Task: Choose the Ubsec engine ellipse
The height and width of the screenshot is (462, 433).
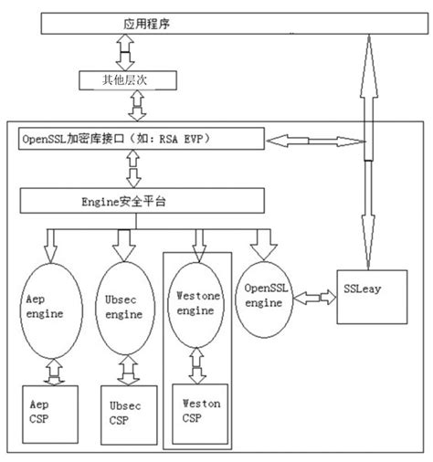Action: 122,309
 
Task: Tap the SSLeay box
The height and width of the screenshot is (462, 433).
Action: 364,295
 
